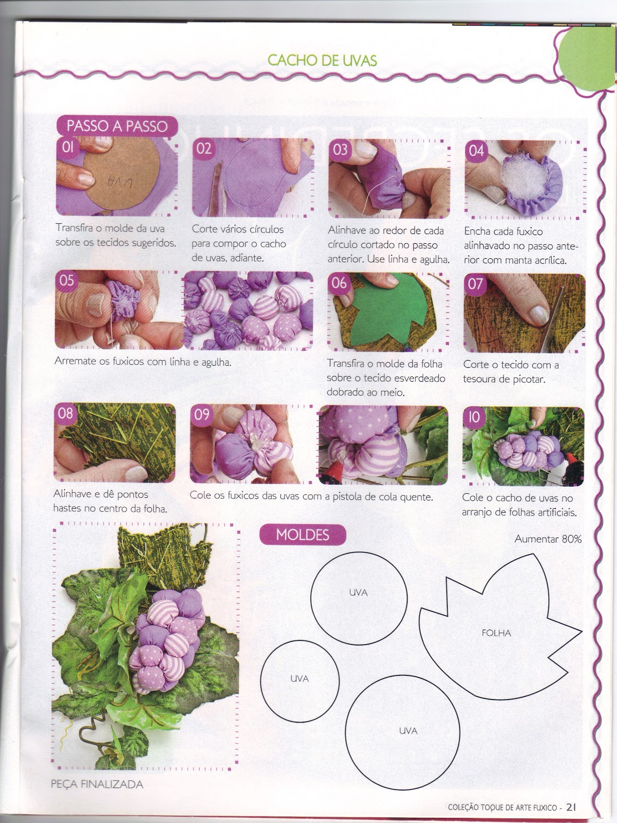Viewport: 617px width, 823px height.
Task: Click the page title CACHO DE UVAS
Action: click(322, 60)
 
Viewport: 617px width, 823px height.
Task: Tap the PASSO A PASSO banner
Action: click(117, 126)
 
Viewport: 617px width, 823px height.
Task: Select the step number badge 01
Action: click(68, 147)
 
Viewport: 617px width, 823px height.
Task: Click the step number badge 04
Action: click(477, 151)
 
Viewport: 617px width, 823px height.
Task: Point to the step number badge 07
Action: click(475, 284)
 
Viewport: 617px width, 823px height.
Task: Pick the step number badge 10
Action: click(474, 417)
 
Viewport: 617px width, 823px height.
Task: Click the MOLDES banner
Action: click(302, 534)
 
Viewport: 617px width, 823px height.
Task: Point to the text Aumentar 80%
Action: click(548, 539)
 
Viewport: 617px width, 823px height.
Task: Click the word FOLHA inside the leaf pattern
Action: click(496, 633)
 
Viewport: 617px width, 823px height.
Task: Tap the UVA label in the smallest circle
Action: click(299, 678)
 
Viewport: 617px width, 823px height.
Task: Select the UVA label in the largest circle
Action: click(408, 731)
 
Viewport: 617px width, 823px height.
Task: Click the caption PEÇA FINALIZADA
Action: click(97, 784)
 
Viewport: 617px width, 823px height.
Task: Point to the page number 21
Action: click(571, 807)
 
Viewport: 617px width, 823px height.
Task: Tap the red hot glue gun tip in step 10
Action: click(573, 460)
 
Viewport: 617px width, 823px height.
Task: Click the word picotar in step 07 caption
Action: click(528, 380)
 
